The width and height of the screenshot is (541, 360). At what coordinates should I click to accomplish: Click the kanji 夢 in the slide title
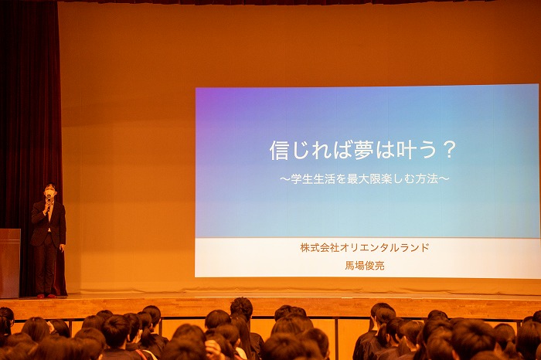[x=364, y=150]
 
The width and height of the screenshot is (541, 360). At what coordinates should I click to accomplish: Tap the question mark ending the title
[x=449, y=150]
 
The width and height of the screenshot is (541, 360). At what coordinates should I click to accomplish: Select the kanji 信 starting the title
[x=280, y=150]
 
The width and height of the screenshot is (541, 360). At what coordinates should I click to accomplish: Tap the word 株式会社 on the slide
[x=320, y=247]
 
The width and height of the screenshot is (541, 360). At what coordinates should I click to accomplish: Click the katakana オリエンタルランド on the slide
[x=385, y=247]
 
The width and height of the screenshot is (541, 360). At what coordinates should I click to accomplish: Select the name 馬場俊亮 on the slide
[x=365, y=265]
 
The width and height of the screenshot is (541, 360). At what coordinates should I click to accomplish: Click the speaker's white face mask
[x=50, y=192]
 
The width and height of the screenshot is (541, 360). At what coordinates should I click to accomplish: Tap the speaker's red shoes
[x=46, y=296]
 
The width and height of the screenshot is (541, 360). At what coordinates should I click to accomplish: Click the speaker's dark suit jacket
[x=48, y=223]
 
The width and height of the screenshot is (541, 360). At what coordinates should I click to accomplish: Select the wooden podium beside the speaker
[x=9, y=263]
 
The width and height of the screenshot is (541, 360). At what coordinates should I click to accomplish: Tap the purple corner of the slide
[x=207, y=98]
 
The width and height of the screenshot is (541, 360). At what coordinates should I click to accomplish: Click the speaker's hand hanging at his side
[x=62, y=248]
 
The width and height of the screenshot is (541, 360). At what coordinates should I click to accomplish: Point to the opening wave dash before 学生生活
[x=285, y=179]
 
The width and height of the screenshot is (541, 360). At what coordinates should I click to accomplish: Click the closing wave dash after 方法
[x=444, y=179]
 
